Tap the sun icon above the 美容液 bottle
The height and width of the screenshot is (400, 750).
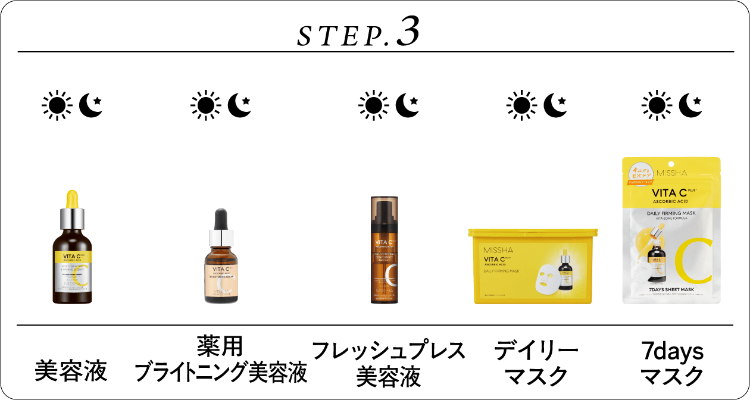[57, 106]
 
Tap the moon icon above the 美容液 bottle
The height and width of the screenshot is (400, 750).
[90, 106]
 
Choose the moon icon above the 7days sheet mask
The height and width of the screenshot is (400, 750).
[690, 106]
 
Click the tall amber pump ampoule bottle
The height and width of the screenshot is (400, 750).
[384, 250]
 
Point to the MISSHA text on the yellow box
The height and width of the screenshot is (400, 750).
[498, 250]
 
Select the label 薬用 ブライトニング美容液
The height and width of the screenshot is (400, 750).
[220, 361]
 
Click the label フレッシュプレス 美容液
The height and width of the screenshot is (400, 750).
[388, 363]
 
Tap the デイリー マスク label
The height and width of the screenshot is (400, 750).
[536, 363]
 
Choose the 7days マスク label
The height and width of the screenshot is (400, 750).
[671, 363]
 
